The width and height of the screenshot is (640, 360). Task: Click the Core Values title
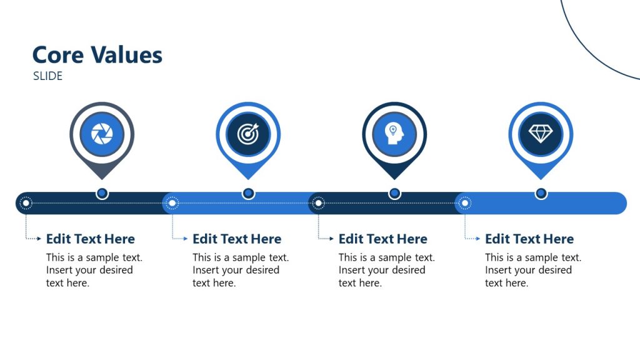(x=97, y=55)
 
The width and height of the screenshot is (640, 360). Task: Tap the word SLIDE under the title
(x=48, y=76)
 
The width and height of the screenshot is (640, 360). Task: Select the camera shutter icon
(x=102, y=134)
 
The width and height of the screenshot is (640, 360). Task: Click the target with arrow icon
(x=248, y=134)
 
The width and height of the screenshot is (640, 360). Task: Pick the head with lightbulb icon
(x=394, y=134)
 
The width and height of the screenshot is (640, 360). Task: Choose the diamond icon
(x=541, y=134)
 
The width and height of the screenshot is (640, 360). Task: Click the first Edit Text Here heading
(x=91, y=239)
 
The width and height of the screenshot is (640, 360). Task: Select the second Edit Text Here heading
(x=237, y=239)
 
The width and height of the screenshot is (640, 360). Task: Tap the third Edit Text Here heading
(x=383, y=239)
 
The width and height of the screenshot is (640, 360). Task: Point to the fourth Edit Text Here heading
(x=529, y=239)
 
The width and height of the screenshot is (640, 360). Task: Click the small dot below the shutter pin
(x=102, y=194)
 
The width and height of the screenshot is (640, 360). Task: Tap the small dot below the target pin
(x=248, y=194)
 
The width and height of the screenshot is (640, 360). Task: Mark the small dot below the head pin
(x=394, y=194)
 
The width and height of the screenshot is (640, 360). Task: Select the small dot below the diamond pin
(x=541, y=194)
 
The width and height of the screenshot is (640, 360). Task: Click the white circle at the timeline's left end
(x=26, y=203)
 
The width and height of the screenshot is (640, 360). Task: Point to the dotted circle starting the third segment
(x=318, y=203)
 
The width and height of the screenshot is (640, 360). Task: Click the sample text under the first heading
(x=94, y=270)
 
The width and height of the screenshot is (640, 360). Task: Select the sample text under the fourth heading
(x=532, y=270)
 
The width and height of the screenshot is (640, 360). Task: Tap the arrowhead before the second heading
(x=186, y=239)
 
